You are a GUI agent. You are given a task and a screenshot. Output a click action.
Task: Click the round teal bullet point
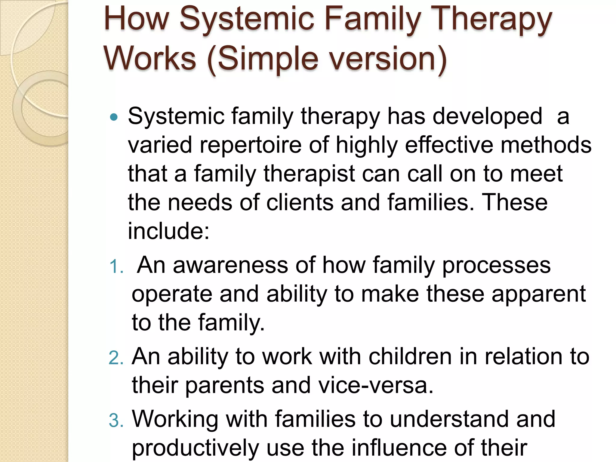coord(114,117)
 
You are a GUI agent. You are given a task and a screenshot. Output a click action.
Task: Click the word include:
coord(168,231)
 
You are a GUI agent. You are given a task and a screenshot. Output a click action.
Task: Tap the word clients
coord(300,202)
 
